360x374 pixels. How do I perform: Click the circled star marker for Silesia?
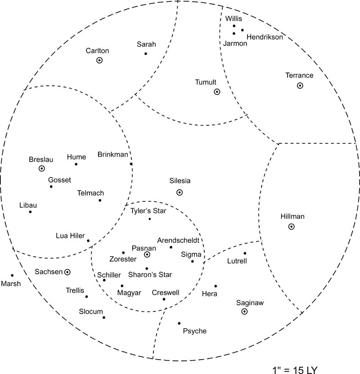click(x=180, y=192)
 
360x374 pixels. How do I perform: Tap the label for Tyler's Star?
click(x=148, y=211)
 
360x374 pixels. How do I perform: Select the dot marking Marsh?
click(x=12, y=275)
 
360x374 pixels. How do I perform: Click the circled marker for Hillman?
click(x=292, y=227)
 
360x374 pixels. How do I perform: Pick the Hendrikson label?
click(x=265, y=37)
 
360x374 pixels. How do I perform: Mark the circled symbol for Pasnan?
click(x=147, y=255)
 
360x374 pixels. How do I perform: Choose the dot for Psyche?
click(x=179, y=323)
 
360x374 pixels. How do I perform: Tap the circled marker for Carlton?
click(x=100, y=60)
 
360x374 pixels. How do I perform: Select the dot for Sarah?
click(x=146, y=54)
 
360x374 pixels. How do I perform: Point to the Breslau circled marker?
click(x=42, y=169)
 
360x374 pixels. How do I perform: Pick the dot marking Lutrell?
click(x=245, y=253)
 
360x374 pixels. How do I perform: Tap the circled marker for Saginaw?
click(x=244, y=311)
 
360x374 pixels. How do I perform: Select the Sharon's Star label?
click(x=150, y=274)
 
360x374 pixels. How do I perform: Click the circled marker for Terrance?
click(x=300, y=86)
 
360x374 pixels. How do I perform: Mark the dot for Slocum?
click(x=104, y=318)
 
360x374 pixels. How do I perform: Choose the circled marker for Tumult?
click(x=217, y=92)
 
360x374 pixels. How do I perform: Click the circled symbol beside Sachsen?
click(x=67, y=272)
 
